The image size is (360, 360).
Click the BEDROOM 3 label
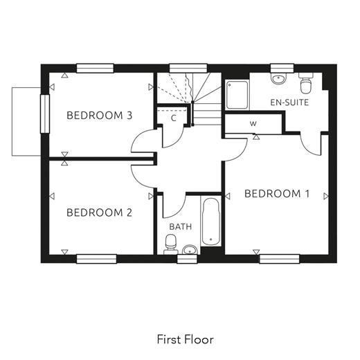pyautogui.click(x=100, y=116)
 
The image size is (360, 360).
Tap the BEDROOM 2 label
pyautogui.click(x=99, y=213)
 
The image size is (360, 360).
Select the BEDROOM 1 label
pyautogui.click(x=277, y=194)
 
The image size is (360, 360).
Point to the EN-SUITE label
pyautogui.click(x=289, y=102)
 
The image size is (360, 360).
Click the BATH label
pyautogui.click(x=181, y=226)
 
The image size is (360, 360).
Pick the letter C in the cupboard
pyautogui.click(x=174, y=118)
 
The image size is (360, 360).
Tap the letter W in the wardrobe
pyautogui.click(x=253, y=124)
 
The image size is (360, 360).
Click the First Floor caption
pyautogui.click(x=186, y=339)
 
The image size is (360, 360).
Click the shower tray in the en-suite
pyautogui.click(x=237, y=95)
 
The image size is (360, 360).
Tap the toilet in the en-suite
pyautogui.click(x=306, y=83)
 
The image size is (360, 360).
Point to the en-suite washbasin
pyautogui.click(x=278, y=78)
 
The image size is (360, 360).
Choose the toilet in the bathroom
pyautogui.click(x=171, y=244)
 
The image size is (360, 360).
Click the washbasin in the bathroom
pyautogui.click(x=190, y=250)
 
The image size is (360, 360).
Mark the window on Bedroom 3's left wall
pyautogui.click(x=45, y=114)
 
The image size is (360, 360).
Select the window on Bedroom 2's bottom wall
pyautogui.click(x=96, y=259)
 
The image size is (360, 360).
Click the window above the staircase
pyautogui.click(x=188, y=69)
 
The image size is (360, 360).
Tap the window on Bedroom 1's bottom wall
pyautogui.click(x=280, y=259)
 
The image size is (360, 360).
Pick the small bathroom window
pyautogui.click(x=187, y=259)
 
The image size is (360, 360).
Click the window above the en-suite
pyautogui.click(x=282, y=69)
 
